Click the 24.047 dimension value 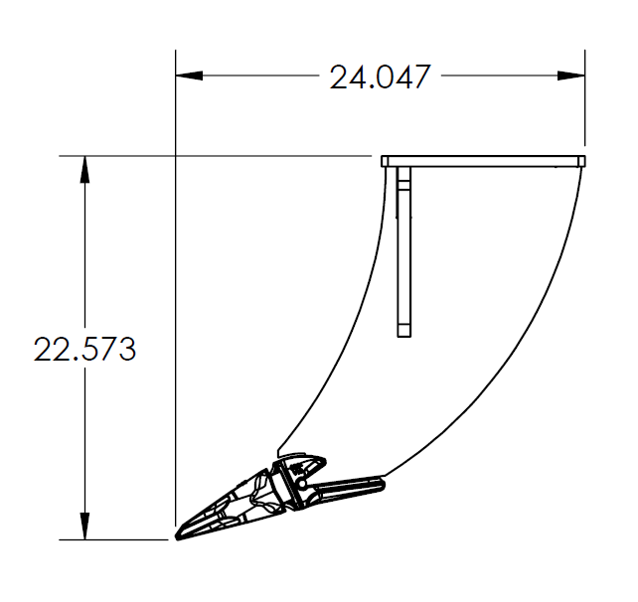(381, 77)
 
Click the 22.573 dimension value (84, 350)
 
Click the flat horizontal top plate (484, 161)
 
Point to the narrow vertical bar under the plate (403, 248)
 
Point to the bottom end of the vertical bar (403, 333)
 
